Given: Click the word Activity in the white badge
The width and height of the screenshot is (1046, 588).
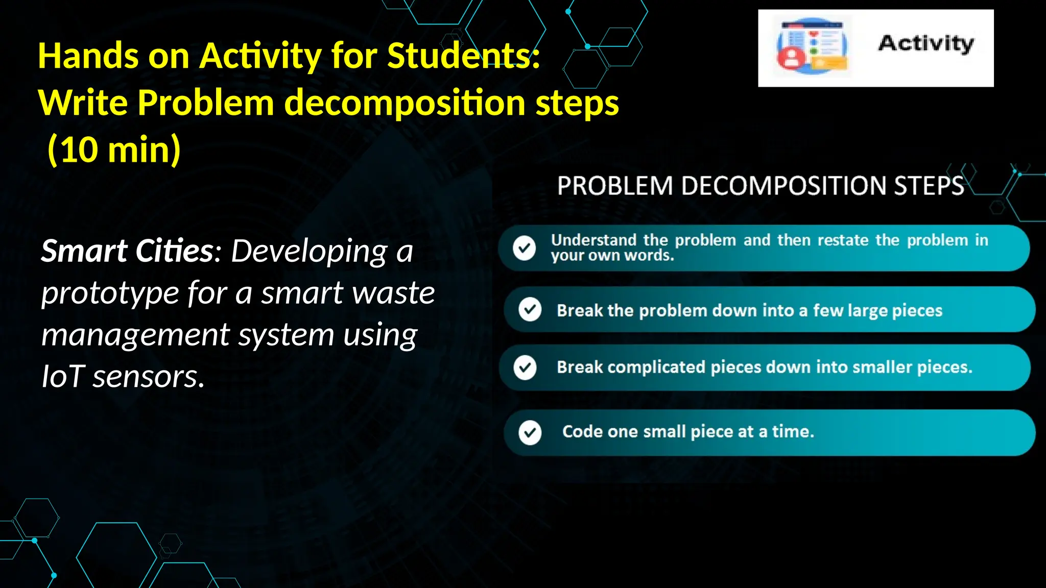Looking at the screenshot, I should click(x=925, y=44).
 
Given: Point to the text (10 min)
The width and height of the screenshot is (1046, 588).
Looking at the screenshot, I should click(x=114, y=150).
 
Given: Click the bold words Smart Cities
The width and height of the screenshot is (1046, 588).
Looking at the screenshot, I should click(x=127, y=251).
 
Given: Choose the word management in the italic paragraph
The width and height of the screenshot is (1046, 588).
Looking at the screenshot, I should click(x=135, y=335).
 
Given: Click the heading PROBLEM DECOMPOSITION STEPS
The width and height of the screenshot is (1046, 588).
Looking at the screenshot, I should click(x=760, y=186).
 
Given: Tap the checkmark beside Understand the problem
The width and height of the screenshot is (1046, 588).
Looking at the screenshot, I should click(x=524, y=248).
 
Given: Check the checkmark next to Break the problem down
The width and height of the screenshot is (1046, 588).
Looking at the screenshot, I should click(x=530, y=309).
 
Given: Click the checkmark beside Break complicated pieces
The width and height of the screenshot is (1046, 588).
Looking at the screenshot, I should click(x=525, y=367).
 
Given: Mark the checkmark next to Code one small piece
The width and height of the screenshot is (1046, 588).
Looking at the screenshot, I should click(x=530, y=433).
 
